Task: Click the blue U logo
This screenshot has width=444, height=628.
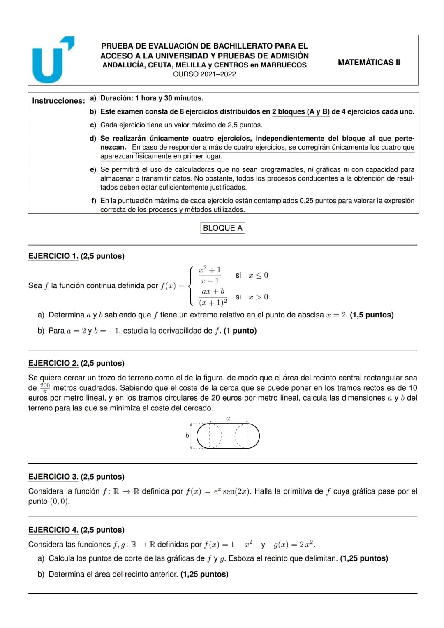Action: (50, 61)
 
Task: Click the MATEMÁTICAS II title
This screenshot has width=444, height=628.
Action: (369, 63)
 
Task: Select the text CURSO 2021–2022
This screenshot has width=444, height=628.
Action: (204, 74)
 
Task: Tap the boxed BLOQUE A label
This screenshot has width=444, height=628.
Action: (222, 228)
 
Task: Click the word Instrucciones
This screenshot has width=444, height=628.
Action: (58, 101)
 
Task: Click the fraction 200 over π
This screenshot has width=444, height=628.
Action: (45, 388)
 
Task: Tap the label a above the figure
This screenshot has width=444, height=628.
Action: (228, 418)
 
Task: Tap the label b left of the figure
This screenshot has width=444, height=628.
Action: (187, 435)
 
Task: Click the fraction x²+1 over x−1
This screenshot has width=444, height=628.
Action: (210, 275)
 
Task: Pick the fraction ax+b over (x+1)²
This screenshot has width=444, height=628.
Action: (213, 297)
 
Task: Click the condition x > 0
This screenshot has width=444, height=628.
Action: (258, 297)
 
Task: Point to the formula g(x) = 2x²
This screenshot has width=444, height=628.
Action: (294, 545)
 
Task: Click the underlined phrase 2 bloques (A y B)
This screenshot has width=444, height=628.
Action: (301, 111)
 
